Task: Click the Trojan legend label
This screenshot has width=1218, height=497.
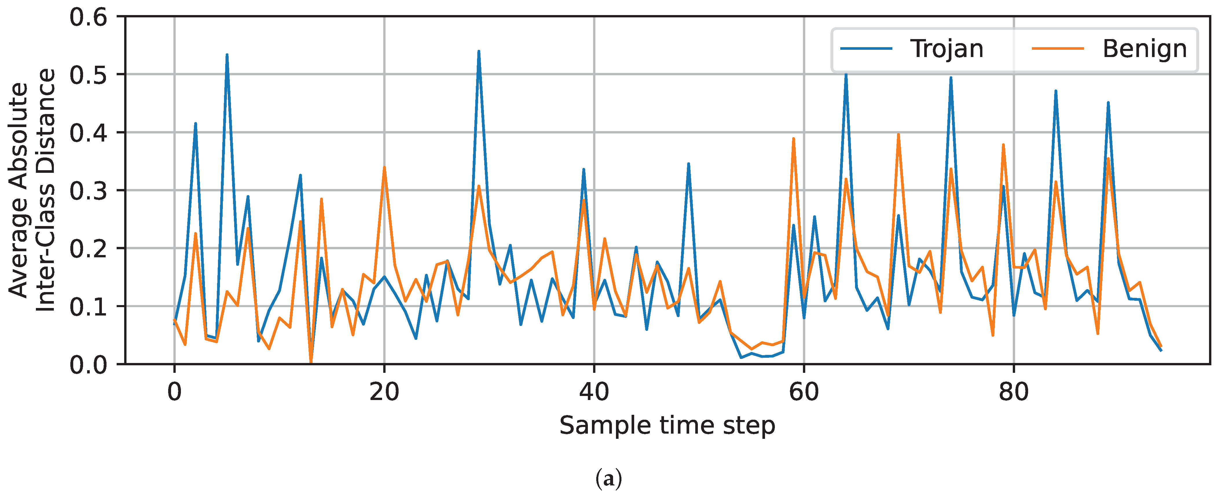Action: (x=946, y=49)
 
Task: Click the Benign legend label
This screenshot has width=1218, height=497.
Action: (x=1144, y=49)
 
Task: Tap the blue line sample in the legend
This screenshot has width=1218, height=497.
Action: (x=866, y=49)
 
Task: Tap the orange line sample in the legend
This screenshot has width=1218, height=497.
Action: (x=1058, y=49)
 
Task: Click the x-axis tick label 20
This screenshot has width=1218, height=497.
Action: (x=384, y=392)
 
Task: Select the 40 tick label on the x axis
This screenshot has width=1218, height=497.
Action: (x=594, y=392)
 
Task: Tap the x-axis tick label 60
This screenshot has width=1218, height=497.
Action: (x=804, y=392)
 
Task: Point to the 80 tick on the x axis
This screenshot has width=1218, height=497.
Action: (x=1014, y=392)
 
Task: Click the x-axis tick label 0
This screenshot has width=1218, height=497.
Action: (x=175, y=392)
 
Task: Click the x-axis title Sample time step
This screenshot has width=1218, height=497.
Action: (x=667, y=426)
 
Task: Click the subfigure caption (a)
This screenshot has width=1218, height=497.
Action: (x=608, y=479)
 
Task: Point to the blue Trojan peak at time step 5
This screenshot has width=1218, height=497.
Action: (x=227, y=55)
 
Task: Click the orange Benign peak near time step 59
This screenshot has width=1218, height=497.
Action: (x=793, y=139)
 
